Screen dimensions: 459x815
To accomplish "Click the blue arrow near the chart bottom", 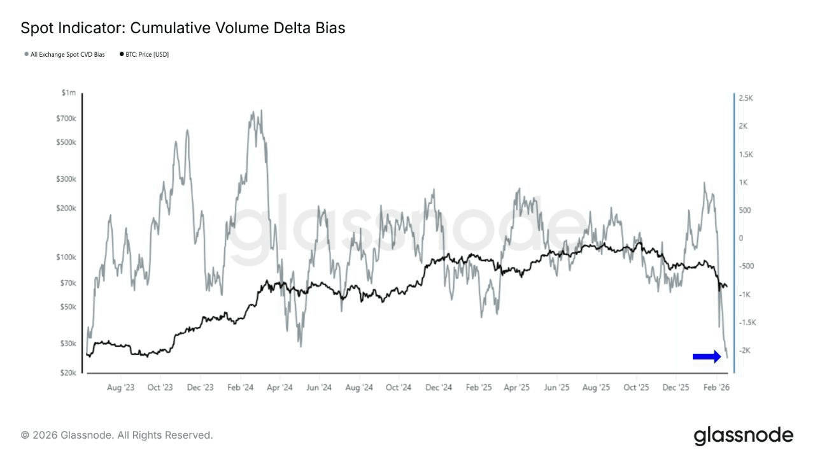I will (707, 357).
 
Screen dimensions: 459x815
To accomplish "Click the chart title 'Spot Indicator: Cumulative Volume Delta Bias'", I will (183, 28).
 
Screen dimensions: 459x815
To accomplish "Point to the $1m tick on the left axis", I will (68, 93).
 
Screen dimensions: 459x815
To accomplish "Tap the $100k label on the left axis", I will (66, 258).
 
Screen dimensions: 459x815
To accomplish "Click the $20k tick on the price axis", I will (67, 373).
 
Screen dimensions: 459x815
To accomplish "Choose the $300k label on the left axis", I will (66, 179).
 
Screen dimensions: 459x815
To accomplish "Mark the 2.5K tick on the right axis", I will (746, 98).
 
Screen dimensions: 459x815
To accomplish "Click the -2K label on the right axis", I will (744, 351).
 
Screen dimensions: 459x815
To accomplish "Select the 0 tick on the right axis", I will (741, 238).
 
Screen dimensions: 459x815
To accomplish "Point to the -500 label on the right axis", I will (746, 266).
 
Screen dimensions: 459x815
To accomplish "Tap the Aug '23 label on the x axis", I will (120, 388).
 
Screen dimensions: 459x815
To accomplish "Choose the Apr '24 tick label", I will (279, 388).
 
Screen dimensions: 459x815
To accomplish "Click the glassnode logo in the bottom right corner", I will (743, 436).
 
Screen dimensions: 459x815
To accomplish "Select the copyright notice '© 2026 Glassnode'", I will (117, 435).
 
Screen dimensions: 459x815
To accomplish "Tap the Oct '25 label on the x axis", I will (636, 388).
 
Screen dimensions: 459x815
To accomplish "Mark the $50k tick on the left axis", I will (67, 307).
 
